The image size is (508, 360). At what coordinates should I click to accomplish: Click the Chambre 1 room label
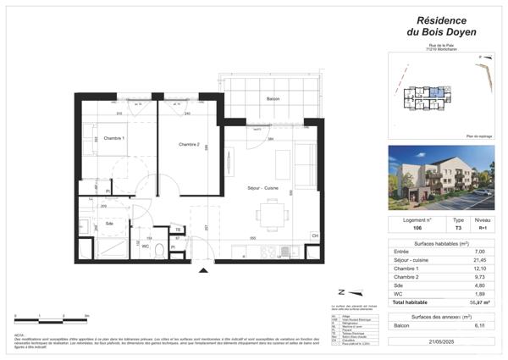[x=113, y=138]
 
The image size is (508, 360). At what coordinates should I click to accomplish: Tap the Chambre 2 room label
[x=188, y=145]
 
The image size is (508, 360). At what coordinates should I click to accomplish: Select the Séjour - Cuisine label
[x=263, y=187]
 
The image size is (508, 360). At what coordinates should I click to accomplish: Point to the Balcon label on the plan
[x=273, y=99]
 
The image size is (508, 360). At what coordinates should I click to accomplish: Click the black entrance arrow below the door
[x=202, y=271]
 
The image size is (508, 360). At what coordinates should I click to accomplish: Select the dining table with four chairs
[x=272, y=214]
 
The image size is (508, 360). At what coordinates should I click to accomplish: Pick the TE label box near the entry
[x=179, y=230]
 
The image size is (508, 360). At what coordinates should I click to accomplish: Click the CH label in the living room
[x=315, y=235]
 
